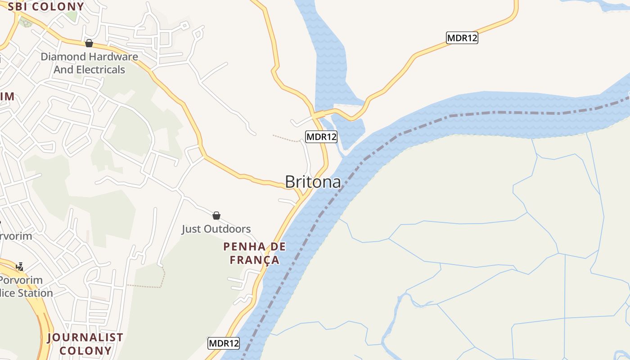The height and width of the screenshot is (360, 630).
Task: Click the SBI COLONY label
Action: pyautogui.click(x=46, y=7)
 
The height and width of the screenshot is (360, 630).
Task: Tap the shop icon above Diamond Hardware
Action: pyautogui.click(x=89, y=43)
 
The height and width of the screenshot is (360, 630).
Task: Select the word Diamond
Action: pyautogui.click(x=63, y=57)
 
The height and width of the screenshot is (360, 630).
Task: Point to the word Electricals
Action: pyautogui.click(x=101, y=70)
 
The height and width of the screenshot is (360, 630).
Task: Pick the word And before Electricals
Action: pyautogui.click(x=63, y=70)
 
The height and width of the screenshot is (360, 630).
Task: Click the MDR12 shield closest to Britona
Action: pyautogui.click(x=321, y=137)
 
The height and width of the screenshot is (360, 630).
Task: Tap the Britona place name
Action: pyautogui.click(x=313, y=181)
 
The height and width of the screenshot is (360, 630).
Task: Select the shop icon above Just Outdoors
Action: pyautogui.click(x=216, y=216)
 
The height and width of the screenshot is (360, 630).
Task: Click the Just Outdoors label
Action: pyautogui.click(x=216, y=229)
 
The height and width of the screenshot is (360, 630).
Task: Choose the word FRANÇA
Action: pyautogui.click(x=255, y=260)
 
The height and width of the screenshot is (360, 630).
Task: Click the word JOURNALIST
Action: pyautogui.click(x=85, y=337)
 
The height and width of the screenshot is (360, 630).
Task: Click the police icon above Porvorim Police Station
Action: pyautogui.click(x=19, y=266)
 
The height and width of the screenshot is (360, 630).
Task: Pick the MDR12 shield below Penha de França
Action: pyautogui.click(x=224, y=343)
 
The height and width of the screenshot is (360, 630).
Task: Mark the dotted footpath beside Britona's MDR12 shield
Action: pyautogui.click(x=286, y=138)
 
